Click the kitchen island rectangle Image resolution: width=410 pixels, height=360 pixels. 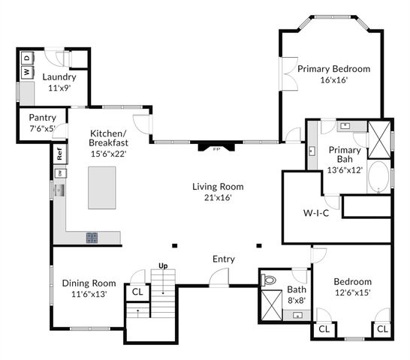click(x=104, y=187)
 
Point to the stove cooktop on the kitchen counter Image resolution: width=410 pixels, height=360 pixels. click(x=92, y=238)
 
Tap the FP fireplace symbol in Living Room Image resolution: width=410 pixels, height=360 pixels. click(x=216, y=148)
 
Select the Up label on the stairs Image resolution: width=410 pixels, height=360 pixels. click(x=162, y=265)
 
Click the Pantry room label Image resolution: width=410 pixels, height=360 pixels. click(x=43, y=118)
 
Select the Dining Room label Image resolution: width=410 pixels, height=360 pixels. click(x=89, y=283)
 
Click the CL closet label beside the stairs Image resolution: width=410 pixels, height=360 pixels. click(x=137, y=292)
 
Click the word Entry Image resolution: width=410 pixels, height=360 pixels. click(x=223, y=259)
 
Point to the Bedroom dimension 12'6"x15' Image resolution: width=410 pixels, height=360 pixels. click(x=352, y=292)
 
